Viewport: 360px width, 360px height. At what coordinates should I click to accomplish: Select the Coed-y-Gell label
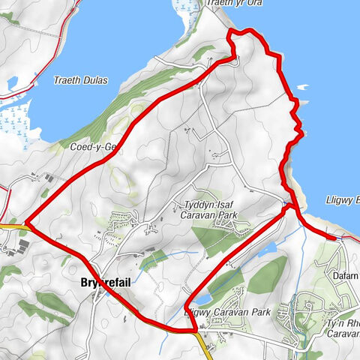coord(89,148)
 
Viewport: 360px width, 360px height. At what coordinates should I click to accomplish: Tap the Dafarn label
coord(345,276)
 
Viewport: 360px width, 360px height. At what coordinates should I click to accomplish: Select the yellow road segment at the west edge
coord(12,223)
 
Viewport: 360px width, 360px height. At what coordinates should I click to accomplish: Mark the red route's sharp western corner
coord(26,223)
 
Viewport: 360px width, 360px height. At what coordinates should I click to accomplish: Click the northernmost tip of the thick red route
coord(242,31)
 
